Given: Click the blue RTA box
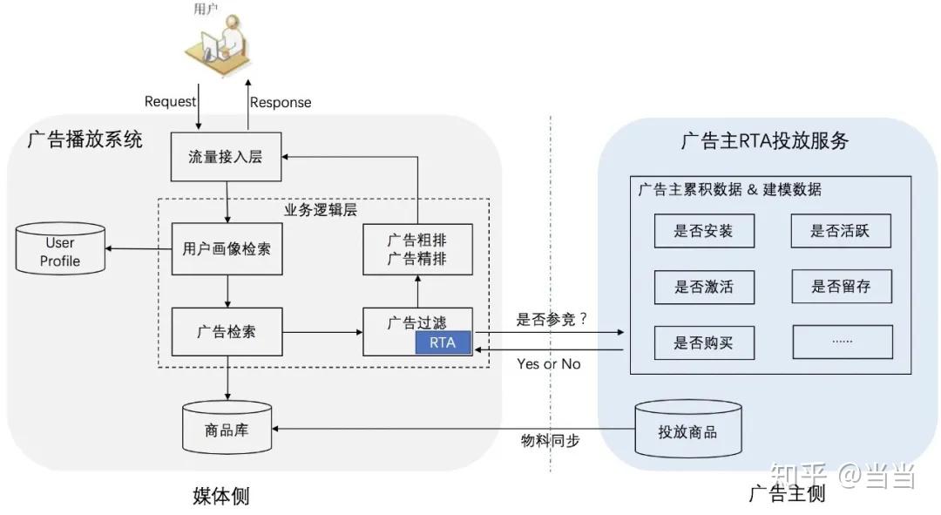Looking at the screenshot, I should click(443, 342).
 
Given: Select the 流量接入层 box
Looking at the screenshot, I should click(226, 157).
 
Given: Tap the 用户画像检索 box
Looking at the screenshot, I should click(227, 249).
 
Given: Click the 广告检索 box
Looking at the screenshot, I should click(227, 332).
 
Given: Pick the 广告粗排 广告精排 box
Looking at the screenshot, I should click(417, 248).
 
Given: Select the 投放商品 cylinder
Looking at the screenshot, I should click(688, 430).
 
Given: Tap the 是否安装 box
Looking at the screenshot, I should click(704, 231).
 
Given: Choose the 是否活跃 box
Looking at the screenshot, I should click(841, 231).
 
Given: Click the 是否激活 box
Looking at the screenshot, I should click(704, 287).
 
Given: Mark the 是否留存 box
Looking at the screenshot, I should click(841, 286).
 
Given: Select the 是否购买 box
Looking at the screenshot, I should click(704, 342).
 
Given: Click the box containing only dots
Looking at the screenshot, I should click(842, 342).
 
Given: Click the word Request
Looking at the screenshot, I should click(170, 101).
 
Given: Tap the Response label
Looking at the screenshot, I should click(281, 102).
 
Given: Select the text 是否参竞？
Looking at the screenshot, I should click(552, 319).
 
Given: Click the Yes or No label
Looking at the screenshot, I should click(548, 363).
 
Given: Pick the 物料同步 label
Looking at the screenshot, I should click(550, 441).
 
